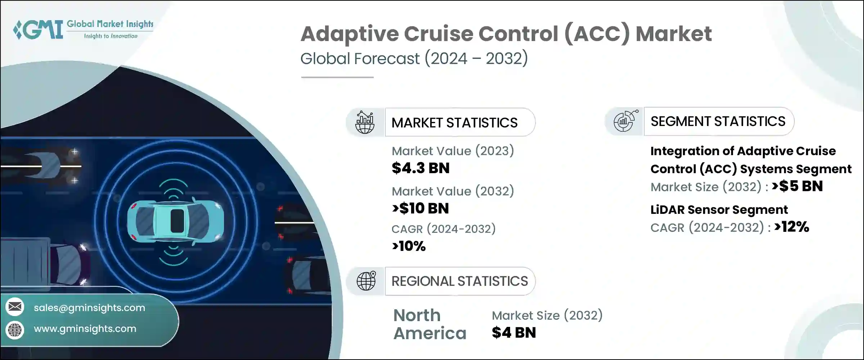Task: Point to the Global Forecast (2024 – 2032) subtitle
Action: point(414,59)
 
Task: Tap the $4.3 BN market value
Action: point(420,168)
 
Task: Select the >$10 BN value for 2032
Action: point(420,208)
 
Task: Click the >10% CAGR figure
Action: point(409,246)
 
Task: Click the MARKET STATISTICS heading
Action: point(454,123)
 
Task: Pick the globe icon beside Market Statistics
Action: point(365,122)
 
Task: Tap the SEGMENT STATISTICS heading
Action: point(718,121)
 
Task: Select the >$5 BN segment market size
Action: point(797,186)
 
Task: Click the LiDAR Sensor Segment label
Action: point(719,210)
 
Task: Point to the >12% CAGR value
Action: point(792,227)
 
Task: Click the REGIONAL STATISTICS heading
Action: point(460,281)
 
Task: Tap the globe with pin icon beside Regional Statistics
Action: point(366,281)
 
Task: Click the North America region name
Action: point(429,324)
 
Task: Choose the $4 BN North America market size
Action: point(514,333)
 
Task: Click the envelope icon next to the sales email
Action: point(15,307)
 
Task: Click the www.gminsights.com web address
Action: point(85,329)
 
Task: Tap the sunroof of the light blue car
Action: point(177,221)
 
